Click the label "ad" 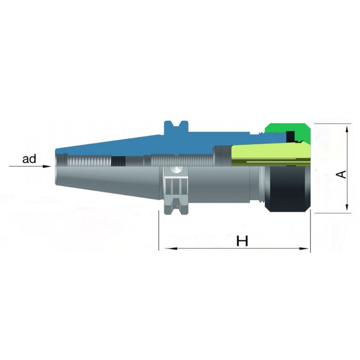click(29, 159)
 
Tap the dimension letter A click(341, 174)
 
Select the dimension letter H click(243, 241)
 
